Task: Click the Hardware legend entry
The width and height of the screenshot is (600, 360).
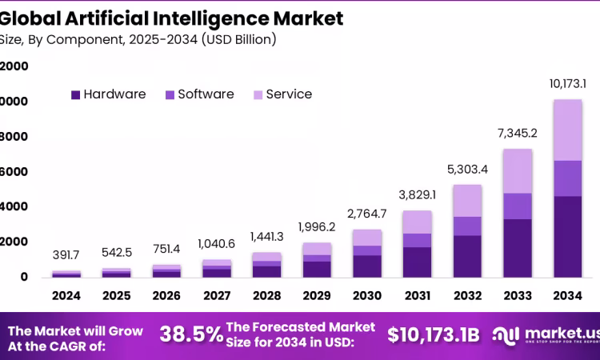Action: tap(109, 94)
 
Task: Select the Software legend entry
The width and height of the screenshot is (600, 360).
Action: tap(199, 94)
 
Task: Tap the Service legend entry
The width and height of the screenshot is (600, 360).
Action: tap(282, 94)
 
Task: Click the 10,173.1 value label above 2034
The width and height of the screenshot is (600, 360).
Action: tap(567, 83)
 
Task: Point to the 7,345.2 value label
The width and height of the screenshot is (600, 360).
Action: tap(518, 133)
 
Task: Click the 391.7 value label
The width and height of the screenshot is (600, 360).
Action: tap(66, 254)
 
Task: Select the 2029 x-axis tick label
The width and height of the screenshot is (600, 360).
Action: tap(317, 296)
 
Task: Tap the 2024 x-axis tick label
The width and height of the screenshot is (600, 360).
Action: tap(66, 296)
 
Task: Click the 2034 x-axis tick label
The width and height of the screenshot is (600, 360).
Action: tap(567, 296)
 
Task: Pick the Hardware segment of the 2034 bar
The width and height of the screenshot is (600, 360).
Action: tap(567, 237)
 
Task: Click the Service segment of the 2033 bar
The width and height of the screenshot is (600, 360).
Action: tap(518, 171)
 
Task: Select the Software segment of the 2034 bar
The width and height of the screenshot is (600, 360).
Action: tap(567, 178)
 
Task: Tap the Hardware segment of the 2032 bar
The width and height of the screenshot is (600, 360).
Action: tap(467, 256)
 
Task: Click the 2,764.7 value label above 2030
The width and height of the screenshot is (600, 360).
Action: tap(367, 213)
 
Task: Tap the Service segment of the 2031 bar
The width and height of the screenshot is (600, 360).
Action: tap(418, 222)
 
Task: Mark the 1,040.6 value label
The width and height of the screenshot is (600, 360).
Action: tap(217, 243)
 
